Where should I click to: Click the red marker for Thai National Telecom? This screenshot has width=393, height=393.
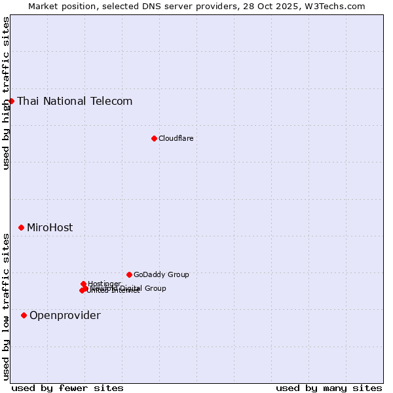click(11, 101)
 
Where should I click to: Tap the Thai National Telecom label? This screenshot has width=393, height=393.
click(75, 102)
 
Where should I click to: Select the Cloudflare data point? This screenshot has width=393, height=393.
click(154, 138)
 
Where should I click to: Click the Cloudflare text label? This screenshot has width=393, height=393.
click(176, 139)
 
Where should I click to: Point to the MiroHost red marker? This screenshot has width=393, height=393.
click(21, 227)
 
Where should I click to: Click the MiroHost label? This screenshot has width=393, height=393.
click(50, 228)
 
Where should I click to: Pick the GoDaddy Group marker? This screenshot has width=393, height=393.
click(129, 274)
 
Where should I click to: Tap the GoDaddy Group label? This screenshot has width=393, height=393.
click(161, 275)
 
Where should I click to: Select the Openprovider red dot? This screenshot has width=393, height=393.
click(24, 315)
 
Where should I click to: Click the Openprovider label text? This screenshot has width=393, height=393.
click(65, 316)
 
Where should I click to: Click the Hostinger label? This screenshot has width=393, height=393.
click(105, 284)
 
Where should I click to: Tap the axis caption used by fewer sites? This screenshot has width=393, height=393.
click(67, 388)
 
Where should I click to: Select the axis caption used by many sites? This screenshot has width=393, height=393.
click(329, 388)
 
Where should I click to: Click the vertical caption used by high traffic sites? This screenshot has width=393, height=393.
click(7, 93)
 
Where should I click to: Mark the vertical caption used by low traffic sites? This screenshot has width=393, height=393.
click(7, 307)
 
